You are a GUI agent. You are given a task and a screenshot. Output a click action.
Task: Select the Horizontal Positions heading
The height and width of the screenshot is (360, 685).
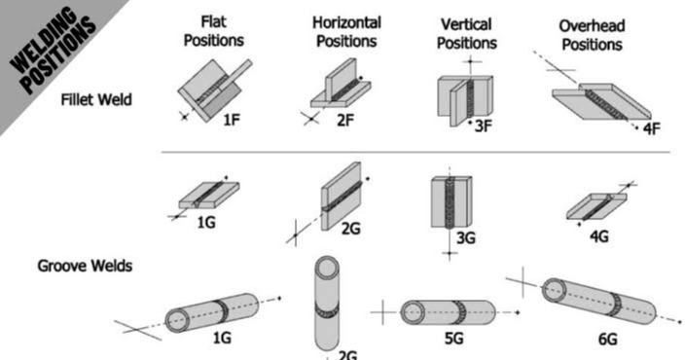coord(346,32)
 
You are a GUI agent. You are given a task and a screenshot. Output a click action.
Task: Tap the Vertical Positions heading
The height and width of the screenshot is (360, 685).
coord(467,33)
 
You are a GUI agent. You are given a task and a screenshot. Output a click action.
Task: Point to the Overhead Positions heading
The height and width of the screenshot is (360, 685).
coord(591,34)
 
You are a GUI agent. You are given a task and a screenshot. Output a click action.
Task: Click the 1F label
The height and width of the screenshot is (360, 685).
coord(231,120)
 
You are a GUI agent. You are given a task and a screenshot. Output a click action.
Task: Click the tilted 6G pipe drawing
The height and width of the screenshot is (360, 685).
coord(598,302)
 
